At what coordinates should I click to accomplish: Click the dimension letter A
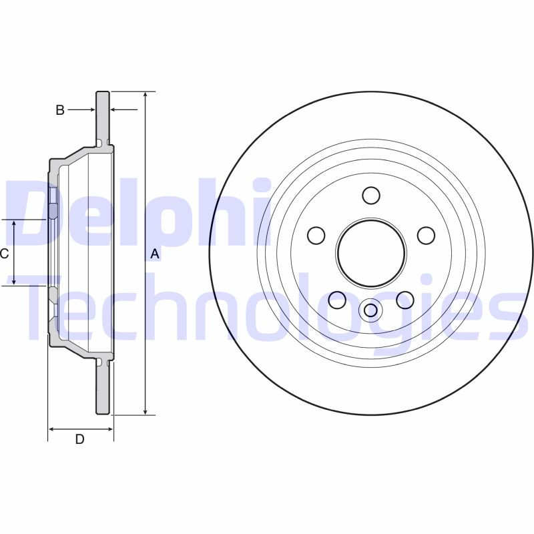155,254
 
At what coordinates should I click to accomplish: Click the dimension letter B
60,110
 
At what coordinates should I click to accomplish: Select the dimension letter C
4,254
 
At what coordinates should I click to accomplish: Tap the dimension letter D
79,439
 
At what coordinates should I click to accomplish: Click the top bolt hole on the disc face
371,196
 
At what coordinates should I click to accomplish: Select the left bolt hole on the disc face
316,235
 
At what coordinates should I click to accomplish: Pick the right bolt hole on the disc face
426,235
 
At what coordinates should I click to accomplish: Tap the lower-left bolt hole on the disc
338,300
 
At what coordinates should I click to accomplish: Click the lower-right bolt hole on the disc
405,300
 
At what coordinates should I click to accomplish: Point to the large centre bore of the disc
371,253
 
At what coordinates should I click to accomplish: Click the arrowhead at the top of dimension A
145,95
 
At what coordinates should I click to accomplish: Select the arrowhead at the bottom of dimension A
145,411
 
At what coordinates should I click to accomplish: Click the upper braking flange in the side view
103,117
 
